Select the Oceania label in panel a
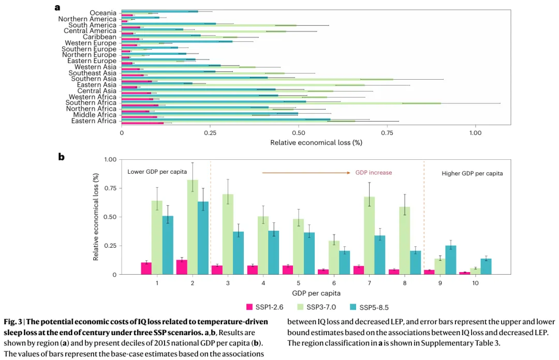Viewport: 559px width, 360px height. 103,13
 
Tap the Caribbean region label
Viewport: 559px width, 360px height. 99,37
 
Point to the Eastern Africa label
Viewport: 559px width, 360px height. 94,121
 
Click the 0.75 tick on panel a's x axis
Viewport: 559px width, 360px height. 386,132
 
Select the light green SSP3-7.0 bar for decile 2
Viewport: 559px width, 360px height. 193,227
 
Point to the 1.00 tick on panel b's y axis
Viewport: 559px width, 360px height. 110,159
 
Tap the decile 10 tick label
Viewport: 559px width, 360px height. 475,283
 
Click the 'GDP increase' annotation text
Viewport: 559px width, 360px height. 373,173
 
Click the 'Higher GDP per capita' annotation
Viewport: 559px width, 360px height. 472,173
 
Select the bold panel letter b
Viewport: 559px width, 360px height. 61,156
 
